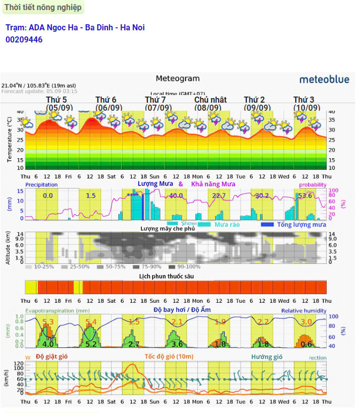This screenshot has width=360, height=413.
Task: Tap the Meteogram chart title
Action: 177,78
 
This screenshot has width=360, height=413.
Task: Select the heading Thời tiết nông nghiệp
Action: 42,7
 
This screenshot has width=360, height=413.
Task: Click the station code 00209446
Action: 24,39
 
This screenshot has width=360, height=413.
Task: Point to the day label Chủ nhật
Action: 210,100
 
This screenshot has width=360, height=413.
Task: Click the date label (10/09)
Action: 306,108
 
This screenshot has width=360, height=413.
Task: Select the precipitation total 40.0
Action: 176,196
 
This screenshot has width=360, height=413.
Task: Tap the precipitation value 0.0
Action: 47,196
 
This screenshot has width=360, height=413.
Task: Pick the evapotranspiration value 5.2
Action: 91,344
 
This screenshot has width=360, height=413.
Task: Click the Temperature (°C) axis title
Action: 10,140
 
